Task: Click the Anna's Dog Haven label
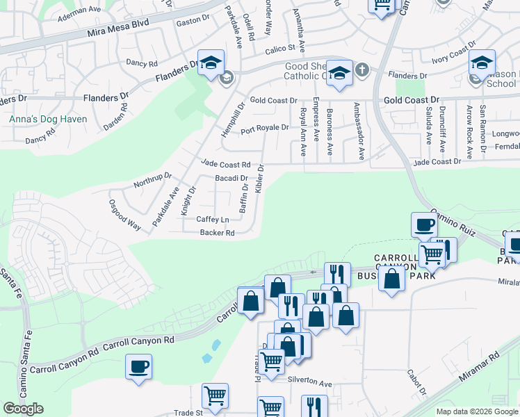pos(48,120)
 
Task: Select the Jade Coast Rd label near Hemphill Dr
pos(225,165)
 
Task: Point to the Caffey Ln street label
pos(213,220)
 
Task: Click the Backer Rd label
pos(217,234)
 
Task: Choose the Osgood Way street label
pos(125,215)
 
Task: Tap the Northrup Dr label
pos(152,181)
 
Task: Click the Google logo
pos(23,409)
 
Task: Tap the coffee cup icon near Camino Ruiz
pos(424,224)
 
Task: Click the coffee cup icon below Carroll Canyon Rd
pos(138,366)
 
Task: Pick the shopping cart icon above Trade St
pos(216,395)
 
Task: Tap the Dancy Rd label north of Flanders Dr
pos(143,63)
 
